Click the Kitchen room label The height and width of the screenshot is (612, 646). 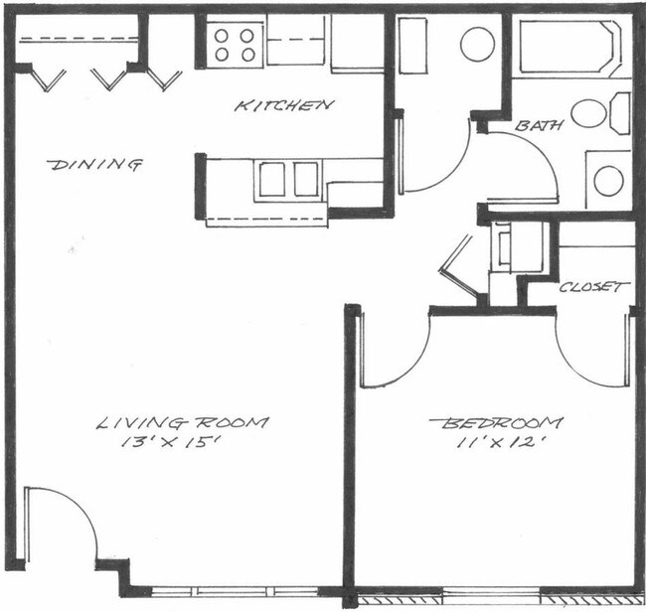click(x=284, y=104)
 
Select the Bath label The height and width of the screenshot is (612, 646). click(x=540, y=126)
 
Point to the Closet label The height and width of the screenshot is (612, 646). click(x=593, y=287)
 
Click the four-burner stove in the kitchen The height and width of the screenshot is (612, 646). click(x=236, y=44)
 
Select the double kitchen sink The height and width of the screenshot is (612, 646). click(x=289, y=180)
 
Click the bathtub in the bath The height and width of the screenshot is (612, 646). click(x=568, y=47)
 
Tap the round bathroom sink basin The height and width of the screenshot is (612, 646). click(x=608, y=181)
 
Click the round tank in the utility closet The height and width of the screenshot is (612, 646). click(x=478, y=44)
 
